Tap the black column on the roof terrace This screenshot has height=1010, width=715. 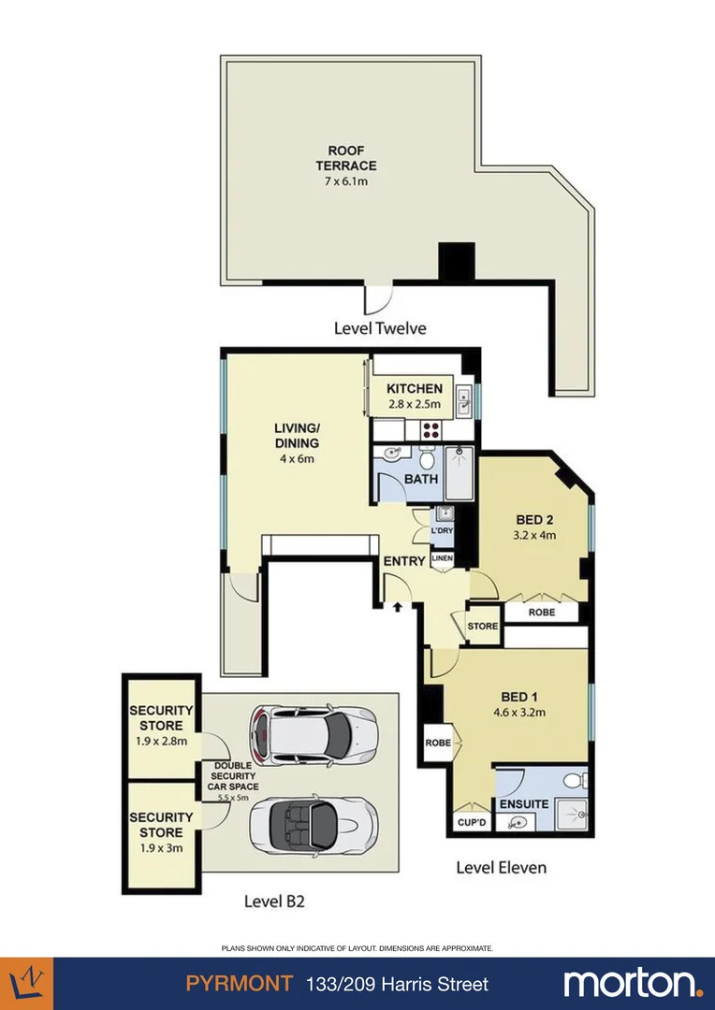(x=457, y=262)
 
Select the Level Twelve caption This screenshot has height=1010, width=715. (x=380, y=328)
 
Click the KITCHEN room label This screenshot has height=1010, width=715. (x=415, y=389)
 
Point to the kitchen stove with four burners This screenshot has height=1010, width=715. (x=432, y=430)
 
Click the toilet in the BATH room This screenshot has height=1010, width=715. (x=427, y=458)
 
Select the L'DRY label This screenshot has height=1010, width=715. (x=443, y=531)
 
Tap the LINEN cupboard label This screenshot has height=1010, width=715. (x=443, y=559)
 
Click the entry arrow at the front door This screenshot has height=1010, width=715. (x=398, y=607)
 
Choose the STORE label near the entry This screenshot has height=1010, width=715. (x=483, y=627)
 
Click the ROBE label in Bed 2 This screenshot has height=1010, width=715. (x=542, y=613)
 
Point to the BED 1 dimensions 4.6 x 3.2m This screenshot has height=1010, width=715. (x=519, y=712)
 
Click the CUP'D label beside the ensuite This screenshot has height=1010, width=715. (x=472, y=823)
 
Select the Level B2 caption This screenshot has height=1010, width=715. (x=274, y=902)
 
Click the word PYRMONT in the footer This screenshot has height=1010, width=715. (x=239, y=984)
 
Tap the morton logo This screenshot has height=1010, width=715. (x=632, y=984)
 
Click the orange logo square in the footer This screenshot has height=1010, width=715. (x=26, y=984)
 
